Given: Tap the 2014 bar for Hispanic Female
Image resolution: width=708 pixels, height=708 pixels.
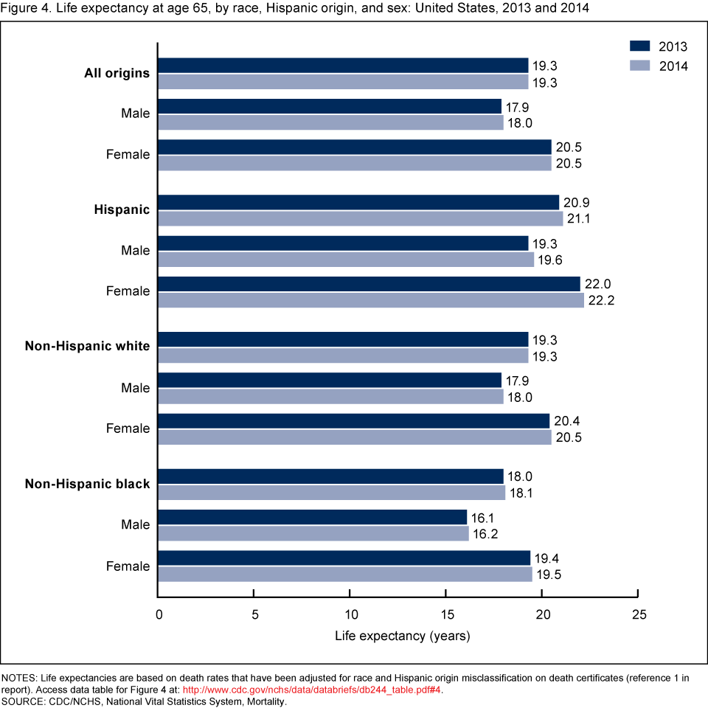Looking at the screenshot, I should (371, 300).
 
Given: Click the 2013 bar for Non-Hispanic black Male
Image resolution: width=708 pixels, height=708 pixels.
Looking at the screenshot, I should (313, 516).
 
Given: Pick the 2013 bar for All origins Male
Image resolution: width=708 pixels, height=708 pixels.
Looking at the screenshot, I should (330, 105).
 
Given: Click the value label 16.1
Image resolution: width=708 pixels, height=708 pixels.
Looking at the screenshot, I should (484, 518).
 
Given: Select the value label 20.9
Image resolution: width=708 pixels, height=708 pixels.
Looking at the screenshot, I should (575, 203).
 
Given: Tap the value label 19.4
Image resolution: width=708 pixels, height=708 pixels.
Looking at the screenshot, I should (546, 558).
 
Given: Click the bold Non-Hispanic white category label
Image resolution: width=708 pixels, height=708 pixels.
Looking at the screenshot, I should (87, 347).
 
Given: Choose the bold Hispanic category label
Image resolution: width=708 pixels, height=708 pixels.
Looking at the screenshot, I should (122, 209).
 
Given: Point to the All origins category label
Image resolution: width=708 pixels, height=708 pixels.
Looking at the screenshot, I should (117, 73).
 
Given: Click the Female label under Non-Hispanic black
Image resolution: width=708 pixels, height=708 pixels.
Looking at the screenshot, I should (128, 566).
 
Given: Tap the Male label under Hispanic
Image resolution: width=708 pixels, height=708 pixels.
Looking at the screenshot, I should (135, 251).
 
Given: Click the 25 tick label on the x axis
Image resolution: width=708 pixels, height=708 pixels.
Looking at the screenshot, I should (639, 615).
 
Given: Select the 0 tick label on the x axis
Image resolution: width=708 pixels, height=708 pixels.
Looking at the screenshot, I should (159, 615).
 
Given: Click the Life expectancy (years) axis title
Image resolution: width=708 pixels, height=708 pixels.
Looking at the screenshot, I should (402, 635).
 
